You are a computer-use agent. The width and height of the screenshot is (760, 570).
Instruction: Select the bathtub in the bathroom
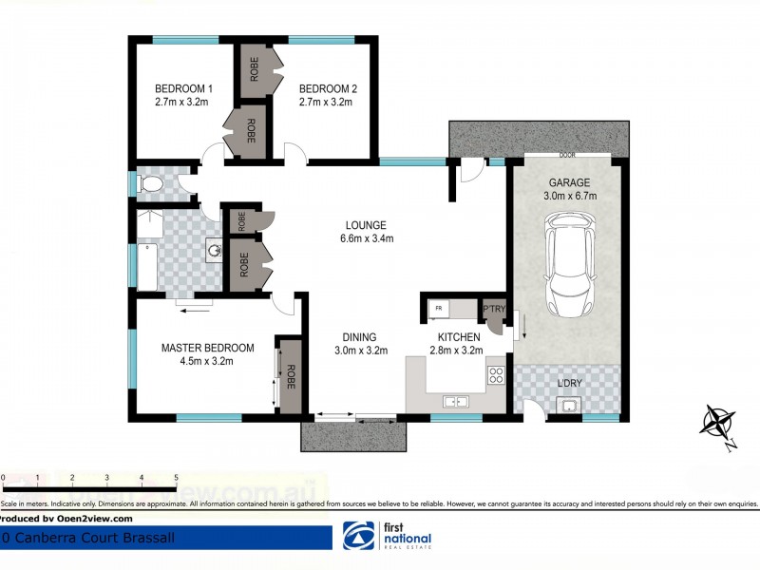147,267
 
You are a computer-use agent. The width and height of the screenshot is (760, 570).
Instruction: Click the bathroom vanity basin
216,252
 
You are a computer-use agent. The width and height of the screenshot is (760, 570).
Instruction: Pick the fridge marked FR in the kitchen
439,309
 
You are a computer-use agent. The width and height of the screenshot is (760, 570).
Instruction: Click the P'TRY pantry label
494,309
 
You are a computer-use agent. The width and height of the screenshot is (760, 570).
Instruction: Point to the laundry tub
569,408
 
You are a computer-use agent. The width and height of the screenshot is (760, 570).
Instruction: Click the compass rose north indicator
717,422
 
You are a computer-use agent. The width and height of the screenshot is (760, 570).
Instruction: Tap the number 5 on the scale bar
176,477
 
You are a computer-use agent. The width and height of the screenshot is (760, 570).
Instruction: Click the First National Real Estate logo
387,537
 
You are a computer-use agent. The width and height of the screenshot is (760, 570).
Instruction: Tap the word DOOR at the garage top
568,155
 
